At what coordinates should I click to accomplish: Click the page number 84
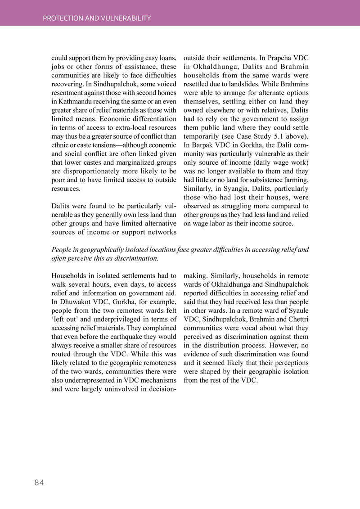click(39, 482)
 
